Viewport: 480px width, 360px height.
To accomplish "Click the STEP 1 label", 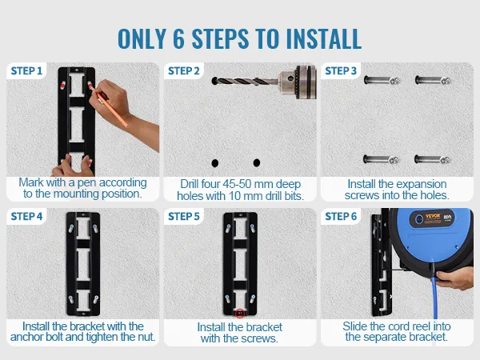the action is click(26, 71).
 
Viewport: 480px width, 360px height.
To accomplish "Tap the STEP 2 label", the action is click(184, 71).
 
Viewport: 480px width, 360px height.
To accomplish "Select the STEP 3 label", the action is click(341, 71).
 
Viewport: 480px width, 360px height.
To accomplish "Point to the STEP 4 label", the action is click(26, 217).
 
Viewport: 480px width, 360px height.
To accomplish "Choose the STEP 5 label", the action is click(184, 217).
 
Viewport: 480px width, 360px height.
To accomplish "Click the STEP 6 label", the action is click(341, 217).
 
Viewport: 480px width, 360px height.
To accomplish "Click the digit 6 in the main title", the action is click(178, 38).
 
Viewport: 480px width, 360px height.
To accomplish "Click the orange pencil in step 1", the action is click(109, 106).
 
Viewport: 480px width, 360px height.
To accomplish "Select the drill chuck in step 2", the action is click(298, 82).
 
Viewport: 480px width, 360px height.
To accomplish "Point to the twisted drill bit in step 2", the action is click(245, 81).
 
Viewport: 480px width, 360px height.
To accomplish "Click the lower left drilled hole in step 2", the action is click(215, 163).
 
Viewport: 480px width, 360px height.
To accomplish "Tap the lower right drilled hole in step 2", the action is click(257, 162).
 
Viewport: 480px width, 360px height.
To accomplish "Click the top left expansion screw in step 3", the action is click(382, 81).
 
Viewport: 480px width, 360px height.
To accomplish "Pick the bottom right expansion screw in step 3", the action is click(433, 159).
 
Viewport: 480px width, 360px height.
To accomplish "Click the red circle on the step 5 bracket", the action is click(240, 314).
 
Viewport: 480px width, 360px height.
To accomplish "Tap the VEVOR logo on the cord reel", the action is click(433, 216).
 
